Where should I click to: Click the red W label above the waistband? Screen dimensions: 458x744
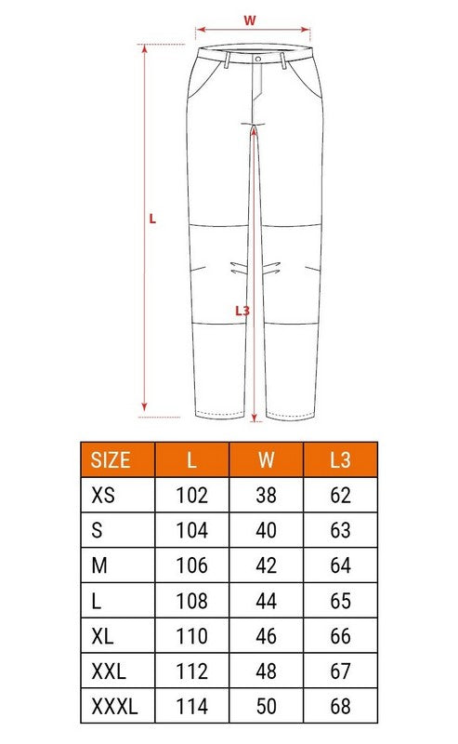coord(249,20)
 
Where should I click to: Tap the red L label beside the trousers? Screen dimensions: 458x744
coord(152,219)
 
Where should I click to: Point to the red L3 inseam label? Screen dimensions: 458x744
coord(242,311)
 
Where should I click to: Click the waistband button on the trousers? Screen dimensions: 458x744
coord(258,59)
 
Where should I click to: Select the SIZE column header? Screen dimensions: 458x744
coord(111,460)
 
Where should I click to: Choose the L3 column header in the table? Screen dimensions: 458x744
coord(340,460)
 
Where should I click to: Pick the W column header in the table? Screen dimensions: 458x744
coord(266,460)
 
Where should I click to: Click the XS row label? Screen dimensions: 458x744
coord(103,496)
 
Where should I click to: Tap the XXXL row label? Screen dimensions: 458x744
coord(115,707)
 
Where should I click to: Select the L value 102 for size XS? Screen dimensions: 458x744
coord(192,496)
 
